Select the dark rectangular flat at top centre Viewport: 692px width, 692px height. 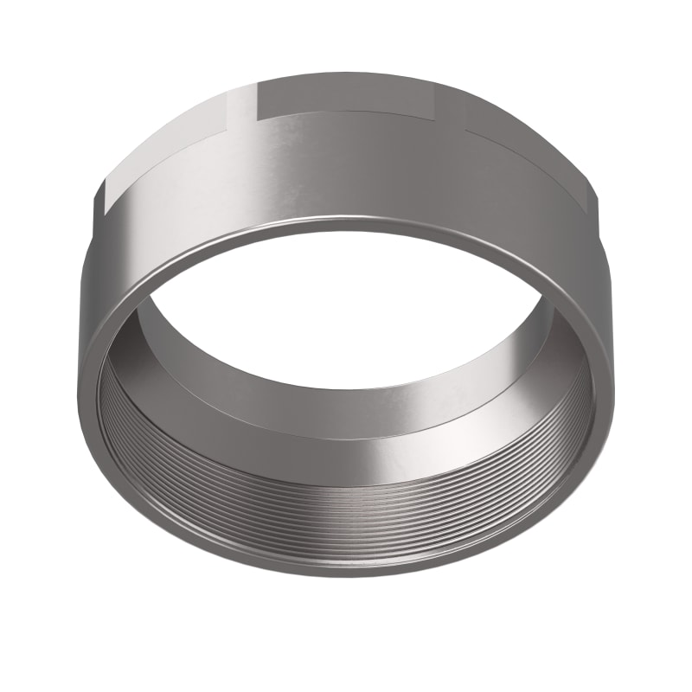coord(346,95)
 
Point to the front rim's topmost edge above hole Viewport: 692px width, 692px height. coord(346,227)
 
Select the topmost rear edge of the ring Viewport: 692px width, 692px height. coord(346,73)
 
